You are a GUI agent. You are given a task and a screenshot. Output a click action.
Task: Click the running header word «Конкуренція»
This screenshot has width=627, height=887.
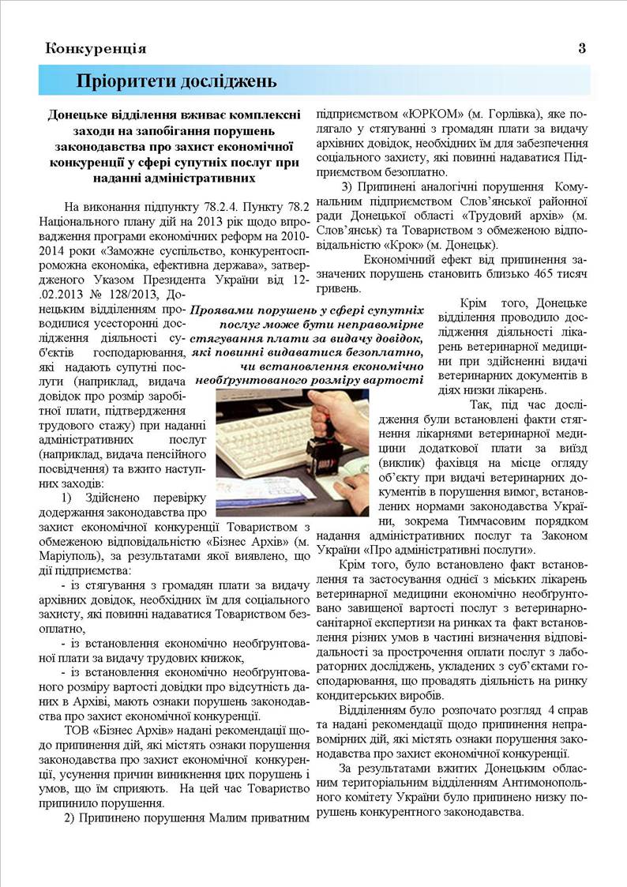point(96,48)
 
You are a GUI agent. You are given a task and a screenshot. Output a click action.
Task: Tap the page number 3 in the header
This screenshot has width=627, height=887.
point(582,48)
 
